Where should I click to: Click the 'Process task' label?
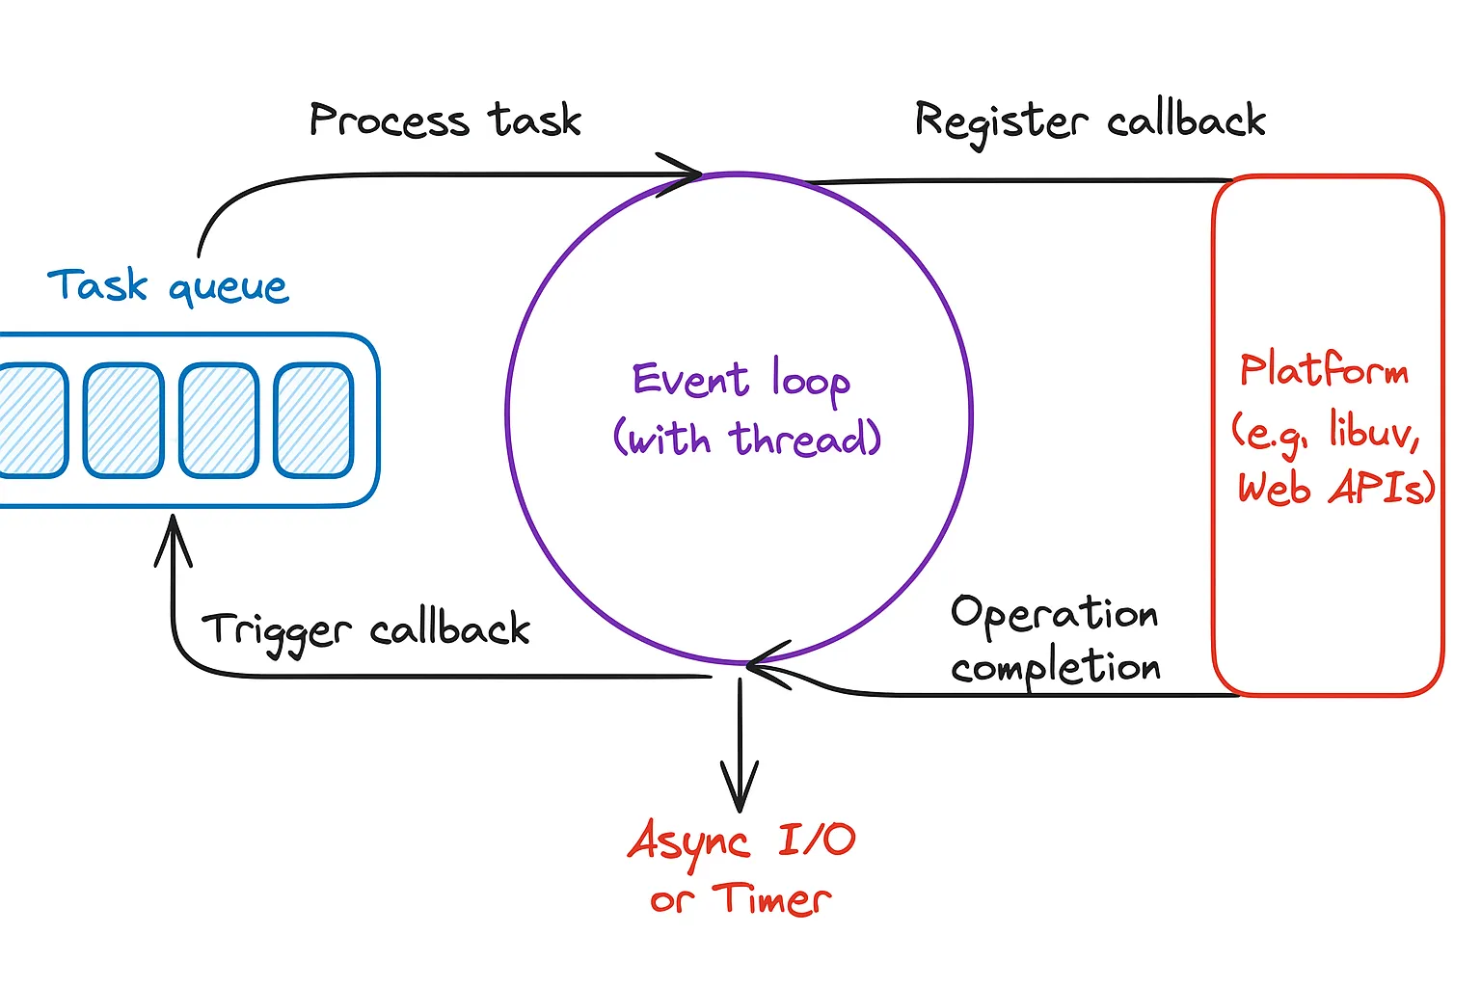(x=444, y=121)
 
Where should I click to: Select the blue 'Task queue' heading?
(x=168, y=286)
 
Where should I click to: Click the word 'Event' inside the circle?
(x=690, y=379)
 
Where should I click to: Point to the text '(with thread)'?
(x=747, y=440)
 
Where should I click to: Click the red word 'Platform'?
(x=1324, y=370)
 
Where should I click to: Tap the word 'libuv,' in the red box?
(x=1373, y=430)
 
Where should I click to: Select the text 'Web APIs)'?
(x=1336, y=488)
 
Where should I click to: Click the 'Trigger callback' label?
(x=365, y=630)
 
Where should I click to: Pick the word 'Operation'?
(x=1054, y=614)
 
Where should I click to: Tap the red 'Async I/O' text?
(x=740, y=840)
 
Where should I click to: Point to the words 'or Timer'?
(x=740, y=899)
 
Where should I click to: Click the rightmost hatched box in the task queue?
(x=313, y=420)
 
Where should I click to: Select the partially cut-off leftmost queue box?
(x=31, y=420)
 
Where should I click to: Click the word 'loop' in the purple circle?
(x=810, y=381)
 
